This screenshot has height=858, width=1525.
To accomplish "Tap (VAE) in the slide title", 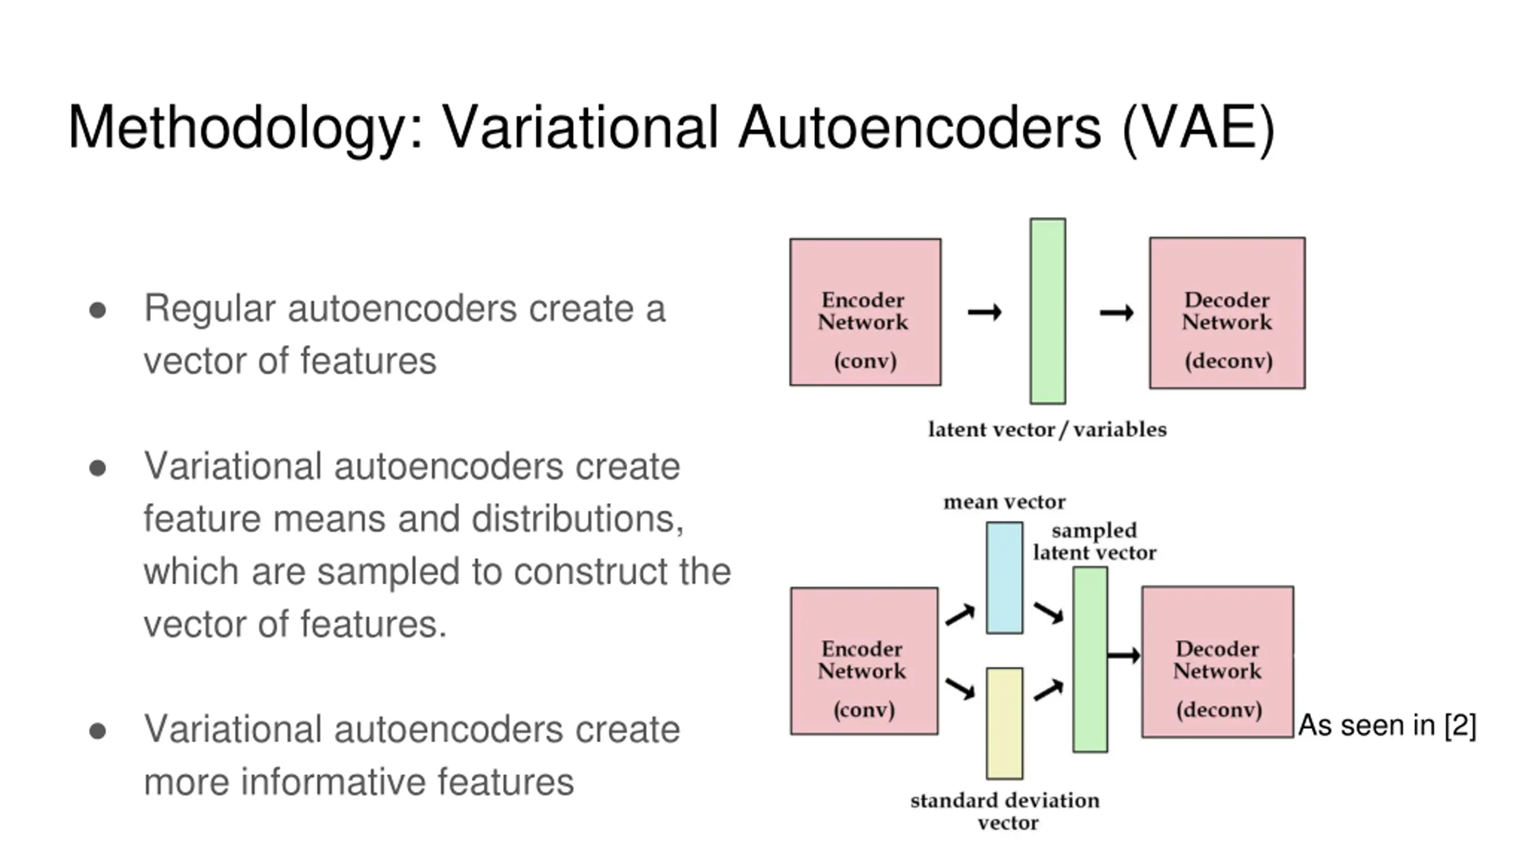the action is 1198,129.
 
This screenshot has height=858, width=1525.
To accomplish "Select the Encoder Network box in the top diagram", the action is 866,312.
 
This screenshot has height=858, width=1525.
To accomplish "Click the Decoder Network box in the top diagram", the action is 1227,313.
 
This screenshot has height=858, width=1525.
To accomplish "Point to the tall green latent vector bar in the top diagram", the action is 1048,311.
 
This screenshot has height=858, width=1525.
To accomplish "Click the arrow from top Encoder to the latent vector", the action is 985,312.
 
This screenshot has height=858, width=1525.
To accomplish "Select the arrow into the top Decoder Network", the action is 1116,312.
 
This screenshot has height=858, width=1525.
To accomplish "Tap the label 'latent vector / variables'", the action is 1047,430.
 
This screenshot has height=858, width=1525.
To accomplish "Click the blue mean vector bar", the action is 1004,577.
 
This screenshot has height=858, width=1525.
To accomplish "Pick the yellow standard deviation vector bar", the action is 1004,723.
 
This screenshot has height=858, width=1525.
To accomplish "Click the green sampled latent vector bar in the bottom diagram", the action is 1090,659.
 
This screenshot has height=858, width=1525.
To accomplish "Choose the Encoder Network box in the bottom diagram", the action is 864,661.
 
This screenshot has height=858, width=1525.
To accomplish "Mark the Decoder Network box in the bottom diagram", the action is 1218,662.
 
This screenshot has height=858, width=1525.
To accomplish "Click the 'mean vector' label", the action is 1004,502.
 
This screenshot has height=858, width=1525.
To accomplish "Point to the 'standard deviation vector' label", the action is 1005,812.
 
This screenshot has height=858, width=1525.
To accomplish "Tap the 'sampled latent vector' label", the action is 1094,542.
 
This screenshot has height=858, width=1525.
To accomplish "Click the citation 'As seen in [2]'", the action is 1387,726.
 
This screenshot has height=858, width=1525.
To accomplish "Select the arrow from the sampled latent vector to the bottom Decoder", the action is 1123,655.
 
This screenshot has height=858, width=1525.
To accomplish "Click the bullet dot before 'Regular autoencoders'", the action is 98,310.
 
